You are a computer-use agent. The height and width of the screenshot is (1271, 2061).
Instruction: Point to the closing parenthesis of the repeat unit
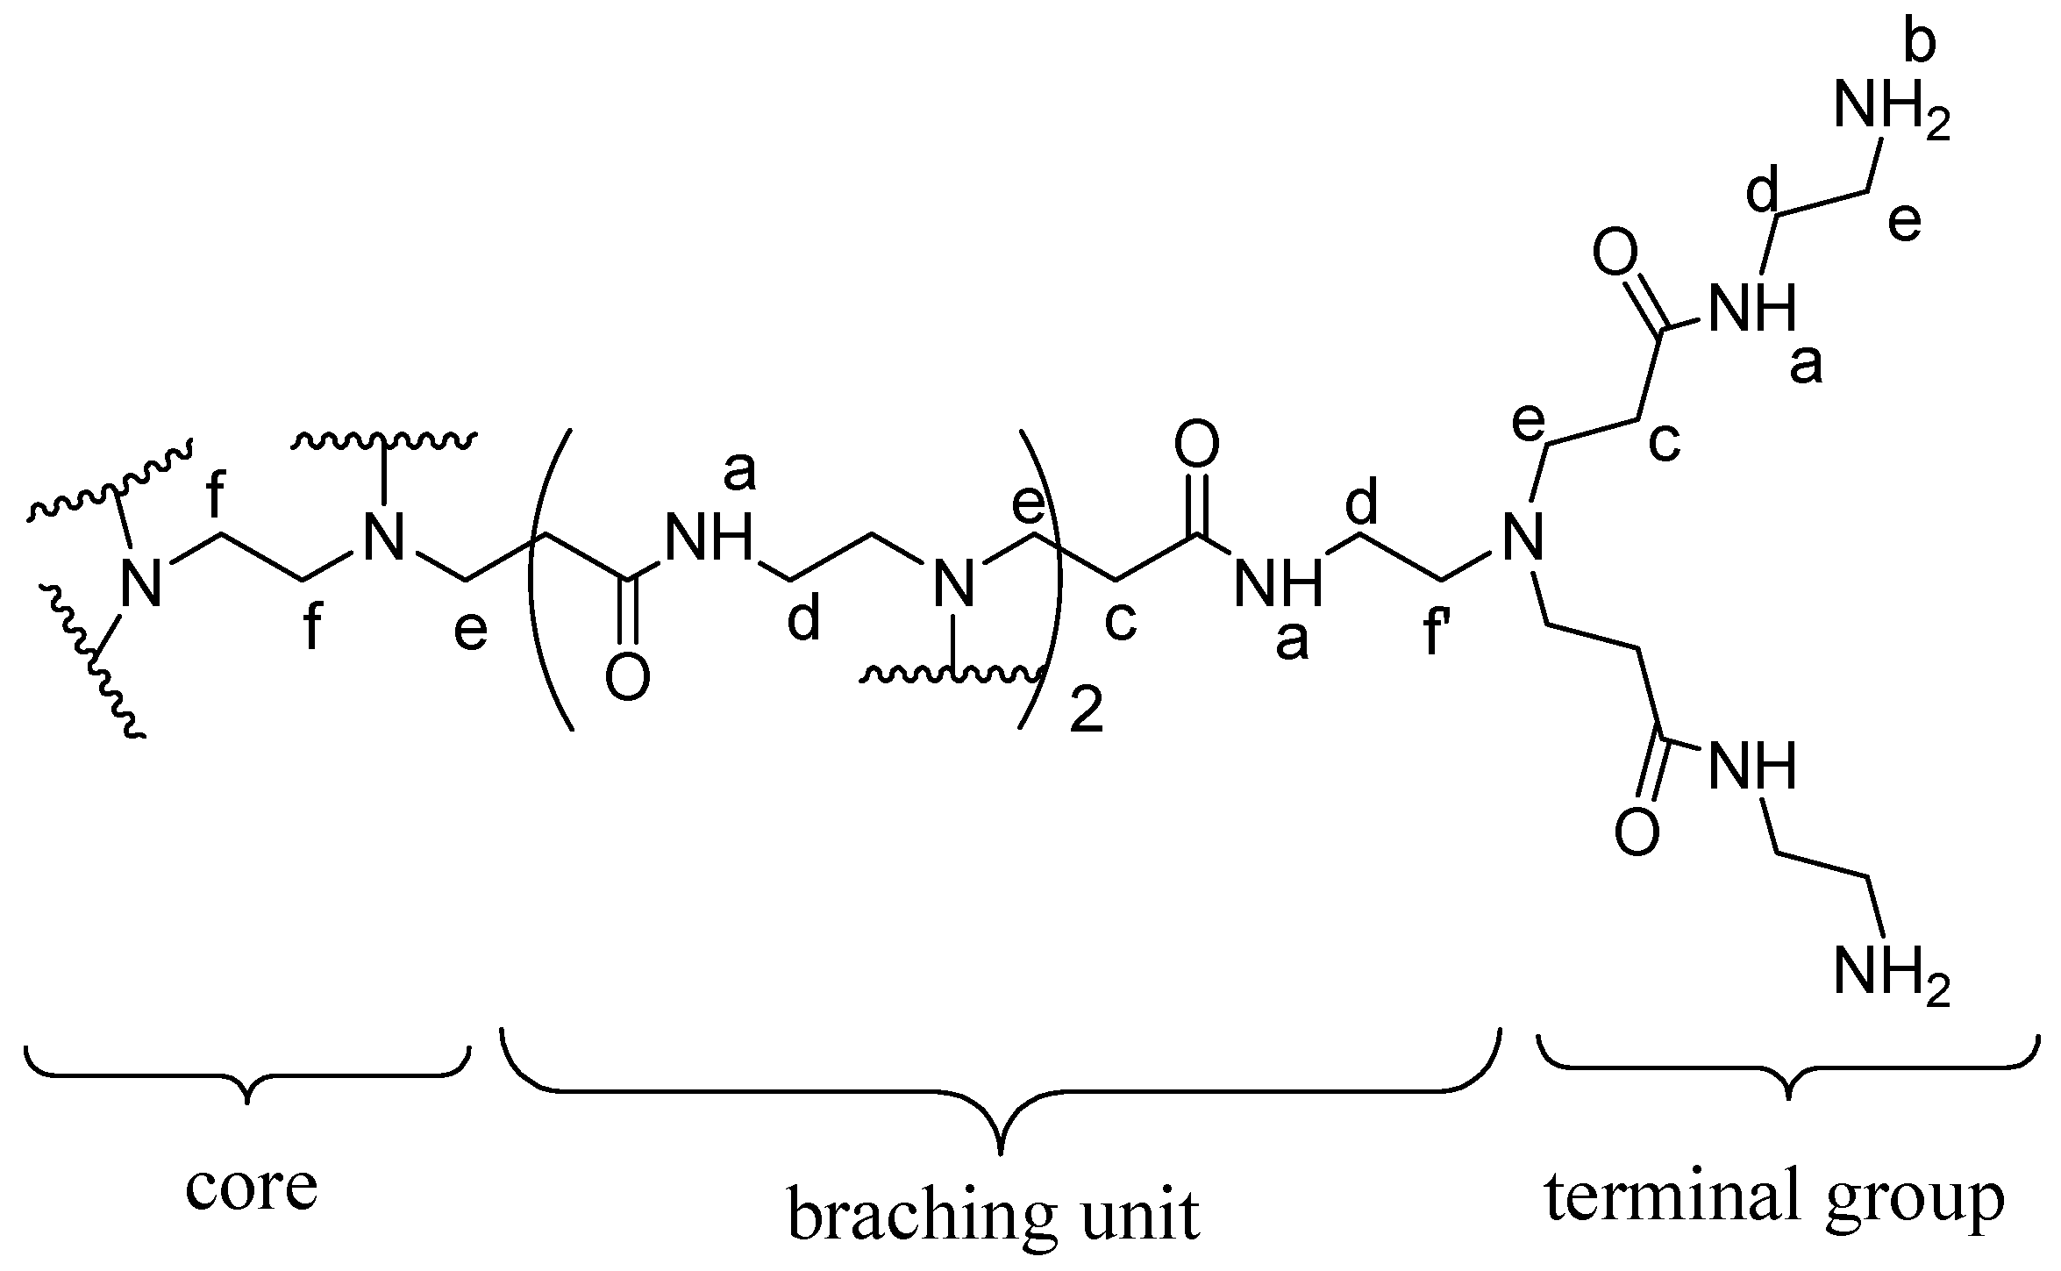[x=1044, y=579]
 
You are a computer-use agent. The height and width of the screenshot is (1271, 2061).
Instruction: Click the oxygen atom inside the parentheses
[x=627, y=678]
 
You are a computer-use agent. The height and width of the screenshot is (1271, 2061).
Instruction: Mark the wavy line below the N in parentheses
[x=952, y=675]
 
